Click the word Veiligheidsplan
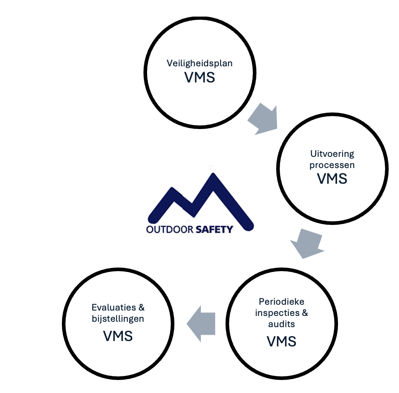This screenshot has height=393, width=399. point(199,63)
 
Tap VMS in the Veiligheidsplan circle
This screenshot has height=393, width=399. point(199,77)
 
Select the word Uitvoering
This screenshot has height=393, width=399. point(332,154)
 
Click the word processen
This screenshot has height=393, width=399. point(332,165)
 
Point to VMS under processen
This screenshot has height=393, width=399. point(332,178)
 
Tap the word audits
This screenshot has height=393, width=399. point(282,324)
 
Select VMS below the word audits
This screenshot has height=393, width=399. point(282,341)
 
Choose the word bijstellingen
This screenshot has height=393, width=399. point(118,319)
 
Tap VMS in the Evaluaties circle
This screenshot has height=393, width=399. point(118,336)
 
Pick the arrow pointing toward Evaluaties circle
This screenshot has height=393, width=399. point(201,324)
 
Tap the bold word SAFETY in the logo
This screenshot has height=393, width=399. point(214,229)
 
